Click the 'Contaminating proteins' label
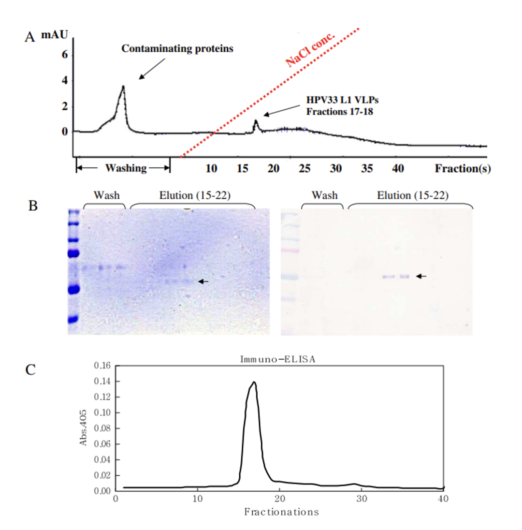pos(177,49)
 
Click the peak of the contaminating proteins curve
pos(123,87)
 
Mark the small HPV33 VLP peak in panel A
pos(256,121)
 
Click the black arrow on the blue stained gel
pos(203,281)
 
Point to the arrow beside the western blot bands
pos(421,276)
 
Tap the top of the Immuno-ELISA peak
pos(253,382)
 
